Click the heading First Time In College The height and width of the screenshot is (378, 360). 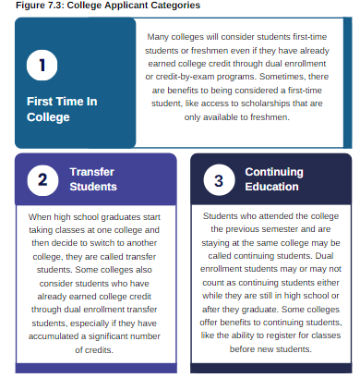click(61, 109)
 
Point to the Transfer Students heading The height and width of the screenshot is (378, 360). click(91, 179)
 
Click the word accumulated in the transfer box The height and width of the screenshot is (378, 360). click(60, 337)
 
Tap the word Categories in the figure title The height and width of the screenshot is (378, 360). click(172, 6)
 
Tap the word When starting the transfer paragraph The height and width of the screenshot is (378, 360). click(42, 216)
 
